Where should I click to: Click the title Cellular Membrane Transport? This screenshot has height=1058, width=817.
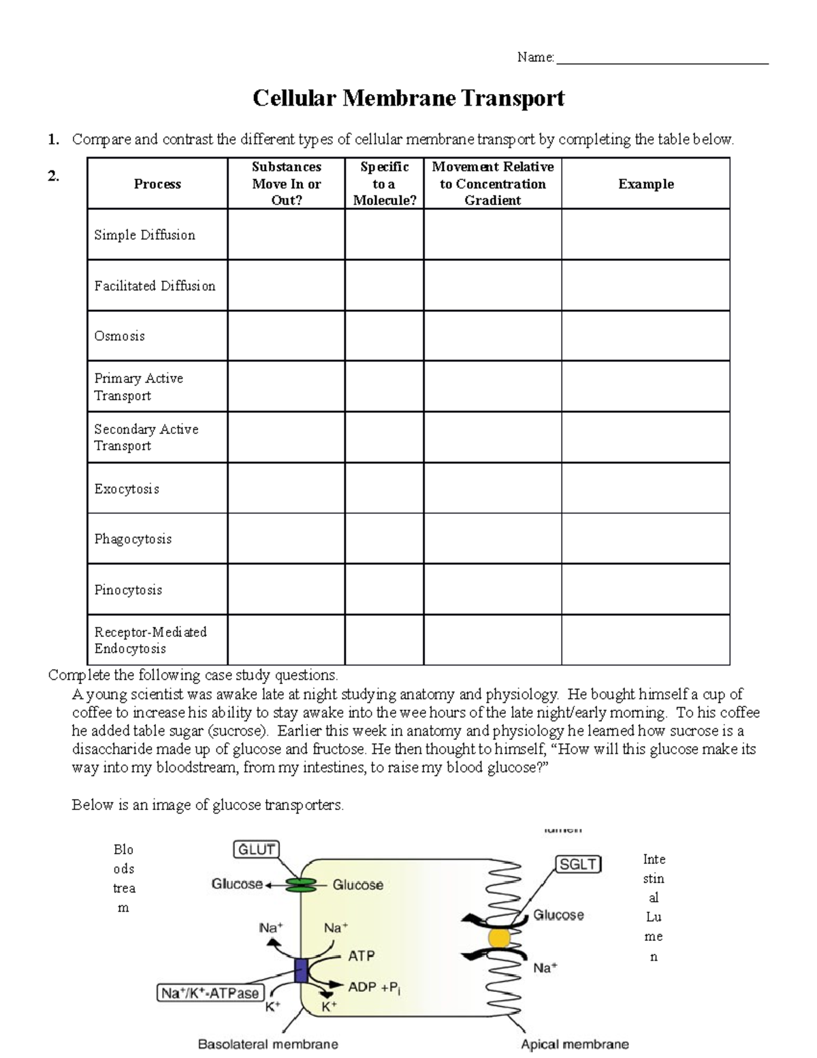408,99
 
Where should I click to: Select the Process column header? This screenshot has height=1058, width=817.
157,184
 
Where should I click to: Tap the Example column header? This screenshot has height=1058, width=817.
645,184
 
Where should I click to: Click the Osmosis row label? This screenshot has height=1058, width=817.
120,336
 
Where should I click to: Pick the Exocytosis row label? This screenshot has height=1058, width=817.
127,489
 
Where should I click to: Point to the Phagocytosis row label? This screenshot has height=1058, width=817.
133,539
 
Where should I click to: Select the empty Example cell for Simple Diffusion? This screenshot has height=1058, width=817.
645,234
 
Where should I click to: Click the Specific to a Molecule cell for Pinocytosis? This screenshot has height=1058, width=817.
384,589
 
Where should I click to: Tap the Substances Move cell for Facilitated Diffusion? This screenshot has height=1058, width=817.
286,285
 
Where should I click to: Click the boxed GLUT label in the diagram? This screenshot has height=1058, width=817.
256,850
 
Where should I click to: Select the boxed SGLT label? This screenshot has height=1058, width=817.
578,865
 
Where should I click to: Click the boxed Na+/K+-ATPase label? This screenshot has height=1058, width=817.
210,993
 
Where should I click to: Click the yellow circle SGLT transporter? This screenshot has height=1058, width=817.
499,939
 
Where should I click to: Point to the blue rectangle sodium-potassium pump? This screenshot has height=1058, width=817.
301,970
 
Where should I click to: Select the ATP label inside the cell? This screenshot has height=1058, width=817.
361,956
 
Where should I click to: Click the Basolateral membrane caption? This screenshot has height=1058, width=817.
268,1044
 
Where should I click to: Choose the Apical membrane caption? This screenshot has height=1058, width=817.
575,1044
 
